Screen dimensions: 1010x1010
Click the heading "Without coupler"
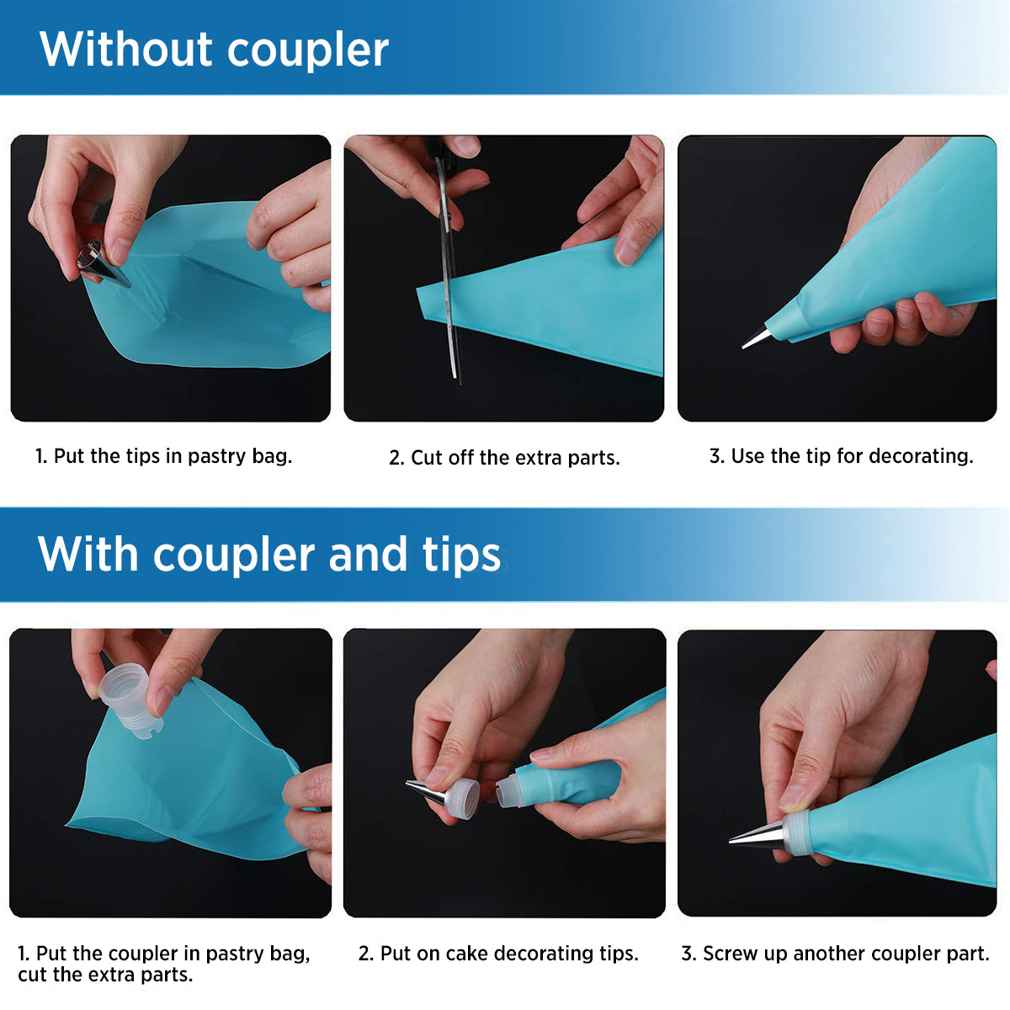pos(214,50)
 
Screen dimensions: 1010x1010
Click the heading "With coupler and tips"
pos(268,555)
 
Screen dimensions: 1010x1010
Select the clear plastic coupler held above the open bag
pos(130,699)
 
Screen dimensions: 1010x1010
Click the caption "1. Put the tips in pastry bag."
pos(163,456)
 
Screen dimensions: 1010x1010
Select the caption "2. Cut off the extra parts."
pos(504,458)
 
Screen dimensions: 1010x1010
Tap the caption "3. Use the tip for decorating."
pos(841,456)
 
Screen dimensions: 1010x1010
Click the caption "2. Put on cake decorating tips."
pos(498,953)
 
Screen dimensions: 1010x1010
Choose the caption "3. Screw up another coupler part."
pos(836,953)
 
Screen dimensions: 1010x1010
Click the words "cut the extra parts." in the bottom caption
pos(105,975)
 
